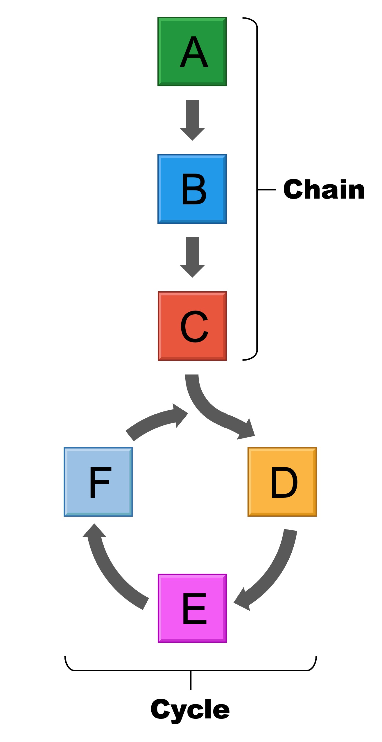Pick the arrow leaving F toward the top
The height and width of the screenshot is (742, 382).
tap(154, 422)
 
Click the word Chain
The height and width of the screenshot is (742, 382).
tap(324, 190)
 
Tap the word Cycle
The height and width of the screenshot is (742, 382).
tap(190, 709)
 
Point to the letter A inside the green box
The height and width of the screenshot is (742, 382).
tap(194, 52)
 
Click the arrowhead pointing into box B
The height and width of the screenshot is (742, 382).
tap(192, 134)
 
